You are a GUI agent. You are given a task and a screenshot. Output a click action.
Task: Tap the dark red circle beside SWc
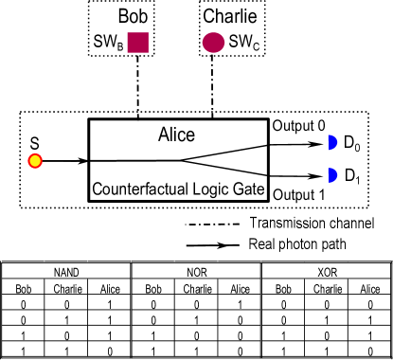tap(214, 42)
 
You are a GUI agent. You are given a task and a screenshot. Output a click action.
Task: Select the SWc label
tap(241, 43)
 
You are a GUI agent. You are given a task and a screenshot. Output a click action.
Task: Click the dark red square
tap(138, 42)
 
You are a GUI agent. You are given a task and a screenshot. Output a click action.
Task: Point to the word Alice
tap(176, 135)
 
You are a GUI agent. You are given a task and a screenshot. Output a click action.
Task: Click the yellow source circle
tap(35, 160)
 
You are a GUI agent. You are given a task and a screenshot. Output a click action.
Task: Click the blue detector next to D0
tap(332, 143)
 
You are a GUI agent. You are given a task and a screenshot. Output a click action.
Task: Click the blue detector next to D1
tap(332, 175)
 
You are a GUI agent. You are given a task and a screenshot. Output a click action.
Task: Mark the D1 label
tap(352, 176)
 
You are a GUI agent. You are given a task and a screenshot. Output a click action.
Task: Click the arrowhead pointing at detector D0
tap(319, 143)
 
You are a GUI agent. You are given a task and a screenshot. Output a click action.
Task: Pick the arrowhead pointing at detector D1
tap(319, 175)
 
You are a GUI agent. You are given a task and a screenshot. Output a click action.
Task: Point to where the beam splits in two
tap(180, 160)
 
